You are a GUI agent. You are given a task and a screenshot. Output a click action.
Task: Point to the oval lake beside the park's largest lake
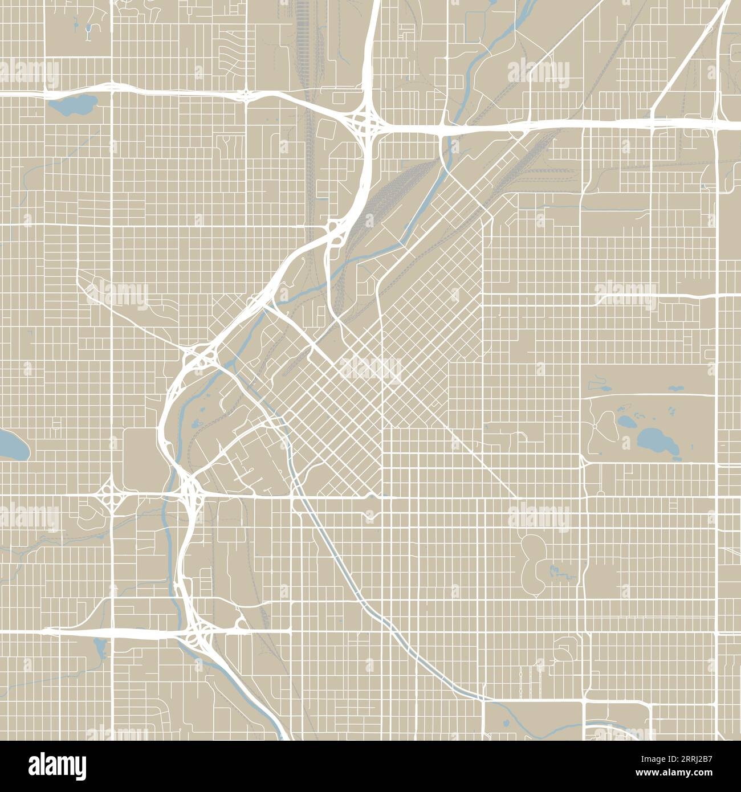(x=625, y=422)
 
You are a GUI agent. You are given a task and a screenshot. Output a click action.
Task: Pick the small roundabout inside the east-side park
(x=595, y=426)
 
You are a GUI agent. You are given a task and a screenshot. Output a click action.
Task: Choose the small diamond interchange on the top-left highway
(x=245, y=95)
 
